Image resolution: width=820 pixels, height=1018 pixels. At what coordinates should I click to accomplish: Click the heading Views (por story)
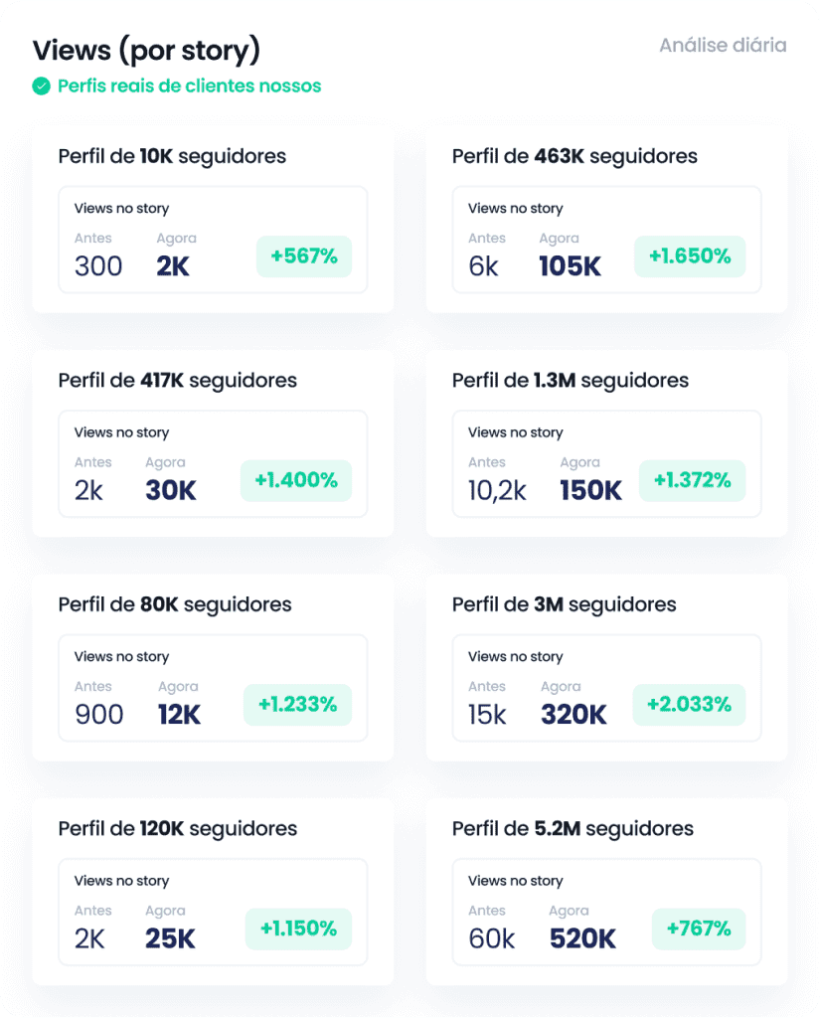point(146,50)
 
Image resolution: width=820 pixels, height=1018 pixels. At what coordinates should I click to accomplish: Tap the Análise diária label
point(723,46)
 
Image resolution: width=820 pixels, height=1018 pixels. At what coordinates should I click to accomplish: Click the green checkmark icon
point(41,86)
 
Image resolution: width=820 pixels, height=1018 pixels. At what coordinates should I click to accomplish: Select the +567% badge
point(304,256)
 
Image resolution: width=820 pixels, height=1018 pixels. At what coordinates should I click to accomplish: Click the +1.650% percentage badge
point(690,256)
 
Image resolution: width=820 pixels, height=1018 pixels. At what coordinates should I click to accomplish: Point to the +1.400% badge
point(296,481)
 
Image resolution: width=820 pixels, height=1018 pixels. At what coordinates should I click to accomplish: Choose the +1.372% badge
point(692,481)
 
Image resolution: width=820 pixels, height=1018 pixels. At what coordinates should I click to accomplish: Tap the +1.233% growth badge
point(297,705)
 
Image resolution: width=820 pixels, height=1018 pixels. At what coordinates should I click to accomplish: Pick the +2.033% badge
point(689,705)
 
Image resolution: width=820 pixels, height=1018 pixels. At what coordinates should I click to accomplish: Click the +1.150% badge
point(298,930)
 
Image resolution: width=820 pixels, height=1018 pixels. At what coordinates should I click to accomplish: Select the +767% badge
point(699,930)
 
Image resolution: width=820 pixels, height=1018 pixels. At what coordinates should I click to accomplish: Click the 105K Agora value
point(571,266)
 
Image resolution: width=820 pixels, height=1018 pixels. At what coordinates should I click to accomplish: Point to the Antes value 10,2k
point(497,490)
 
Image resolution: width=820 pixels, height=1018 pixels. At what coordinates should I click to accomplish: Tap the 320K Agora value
point(574,715)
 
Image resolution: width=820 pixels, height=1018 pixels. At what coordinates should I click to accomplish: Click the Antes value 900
point(99,715)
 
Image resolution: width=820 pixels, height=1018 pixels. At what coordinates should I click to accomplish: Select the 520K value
point(582,938)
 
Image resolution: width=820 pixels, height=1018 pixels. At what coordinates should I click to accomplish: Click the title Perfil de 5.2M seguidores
point(573,828)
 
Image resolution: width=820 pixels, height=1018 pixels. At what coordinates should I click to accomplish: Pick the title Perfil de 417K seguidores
point(178,381)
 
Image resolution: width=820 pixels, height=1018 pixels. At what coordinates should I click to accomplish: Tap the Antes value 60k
point(492,938)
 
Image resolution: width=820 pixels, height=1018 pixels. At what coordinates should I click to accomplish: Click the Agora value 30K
point(171,490)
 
